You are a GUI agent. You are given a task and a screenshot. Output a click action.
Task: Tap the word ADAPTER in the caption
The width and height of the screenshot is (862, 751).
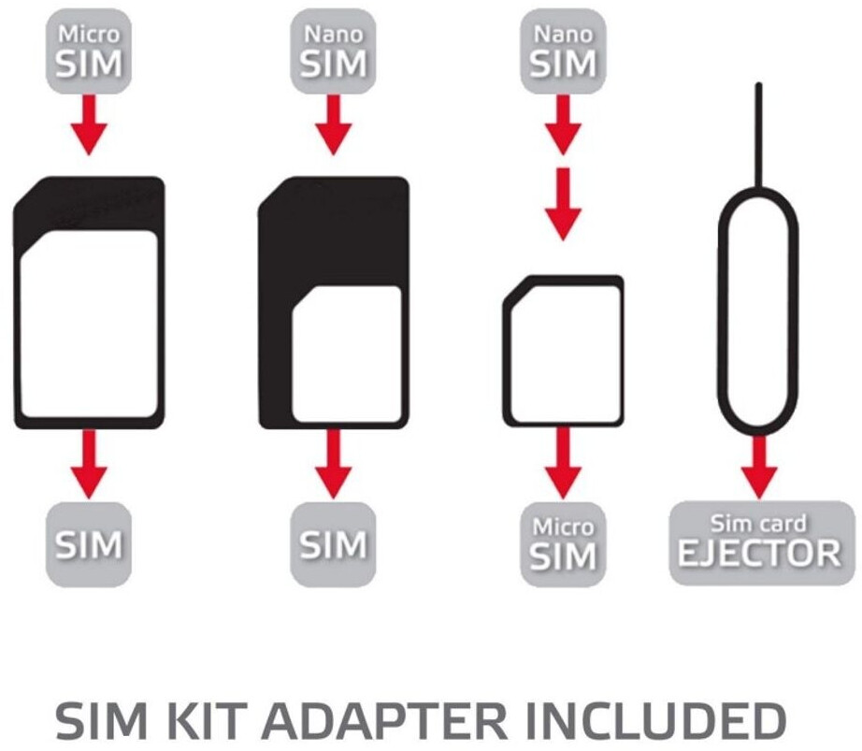(x=380, y=721)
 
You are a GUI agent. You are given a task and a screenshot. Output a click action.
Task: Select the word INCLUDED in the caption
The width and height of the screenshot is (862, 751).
(x=654, y=721)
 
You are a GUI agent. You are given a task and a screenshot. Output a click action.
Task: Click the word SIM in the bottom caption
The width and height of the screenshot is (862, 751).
(x=93, y=721)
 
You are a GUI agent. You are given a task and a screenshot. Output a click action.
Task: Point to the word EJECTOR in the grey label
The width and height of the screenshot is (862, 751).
(x=759, y=554)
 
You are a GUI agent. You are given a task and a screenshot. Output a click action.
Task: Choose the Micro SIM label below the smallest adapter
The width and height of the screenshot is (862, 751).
(x=562, y=543)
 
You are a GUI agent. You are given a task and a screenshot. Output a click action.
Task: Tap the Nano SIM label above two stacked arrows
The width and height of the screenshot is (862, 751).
(x=563, y=52)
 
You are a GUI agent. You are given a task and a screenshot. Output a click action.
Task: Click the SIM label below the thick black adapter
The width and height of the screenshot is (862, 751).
(x=333, y=544)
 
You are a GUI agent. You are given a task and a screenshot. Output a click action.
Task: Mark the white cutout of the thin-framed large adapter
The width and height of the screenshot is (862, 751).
(x=89, y=323)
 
